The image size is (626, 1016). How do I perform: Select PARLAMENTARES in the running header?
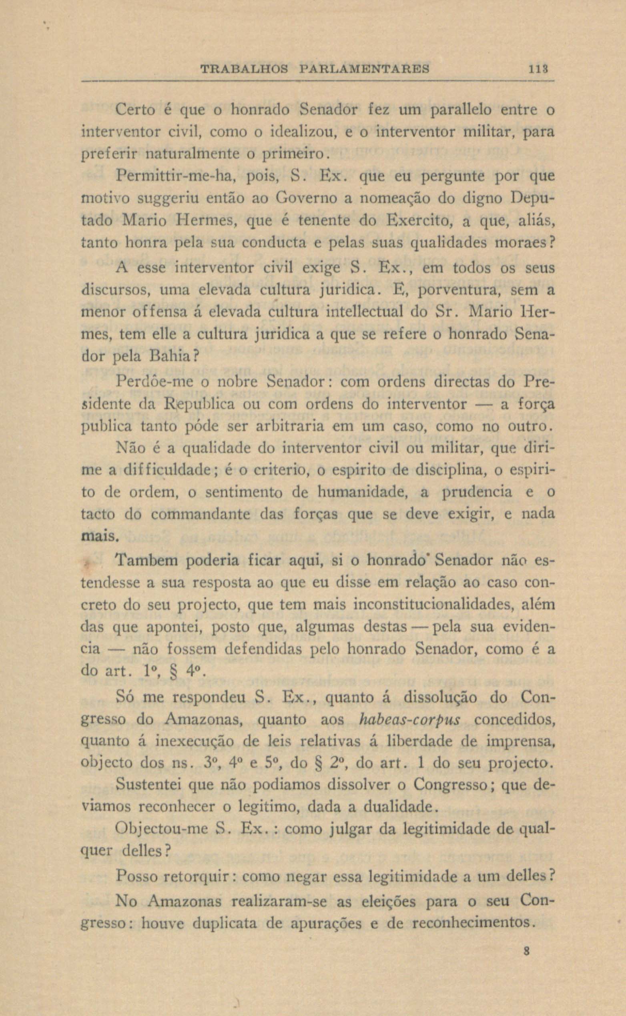(x=364, y=69)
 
